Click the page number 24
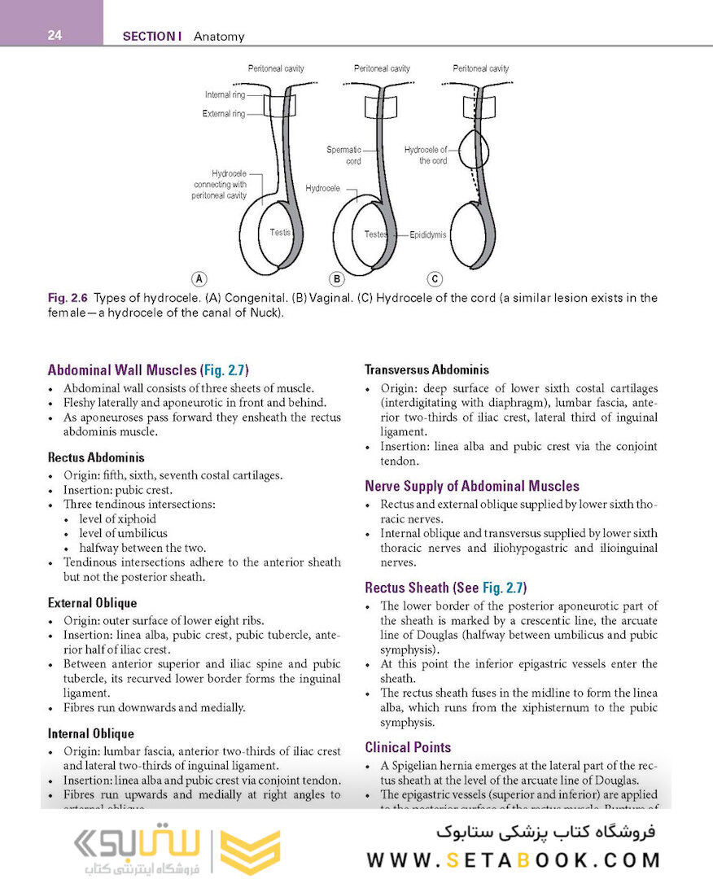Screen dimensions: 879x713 55,35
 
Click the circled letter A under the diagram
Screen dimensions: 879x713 198,279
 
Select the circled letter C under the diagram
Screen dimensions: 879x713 435,279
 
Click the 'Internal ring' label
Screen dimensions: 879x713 225,95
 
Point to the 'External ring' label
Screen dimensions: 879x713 223,114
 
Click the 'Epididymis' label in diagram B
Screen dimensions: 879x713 427,234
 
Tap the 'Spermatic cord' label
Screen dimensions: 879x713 343,155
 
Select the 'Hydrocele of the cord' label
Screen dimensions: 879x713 426,155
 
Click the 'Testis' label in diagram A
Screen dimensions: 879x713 280,233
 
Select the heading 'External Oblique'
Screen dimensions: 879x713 92,603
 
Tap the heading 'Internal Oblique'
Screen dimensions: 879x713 91,733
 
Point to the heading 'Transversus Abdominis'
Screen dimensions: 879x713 426,370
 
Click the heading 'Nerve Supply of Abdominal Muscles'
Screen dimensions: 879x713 472,486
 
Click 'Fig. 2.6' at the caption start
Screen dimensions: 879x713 67,299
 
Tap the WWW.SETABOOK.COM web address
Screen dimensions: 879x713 513,859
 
